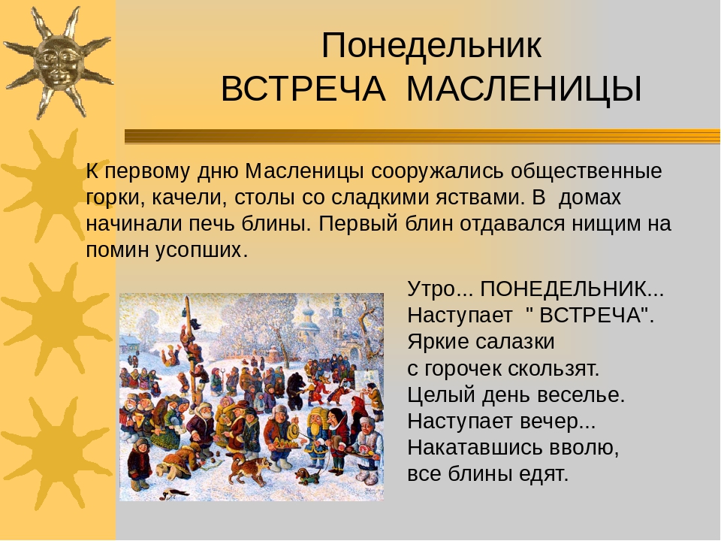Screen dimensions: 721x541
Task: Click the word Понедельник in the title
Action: click(431, 47)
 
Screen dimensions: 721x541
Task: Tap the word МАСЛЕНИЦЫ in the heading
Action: click(524, 89)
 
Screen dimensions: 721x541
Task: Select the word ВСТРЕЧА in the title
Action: click(303, 89)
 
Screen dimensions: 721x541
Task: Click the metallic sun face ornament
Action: click(58, 63)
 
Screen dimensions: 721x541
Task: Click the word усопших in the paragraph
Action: click(198, 251)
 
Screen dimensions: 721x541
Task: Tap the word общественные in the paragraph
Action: click(587, 171)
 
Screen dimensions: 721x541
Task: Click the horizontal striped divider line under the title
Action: click(422, 137)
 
